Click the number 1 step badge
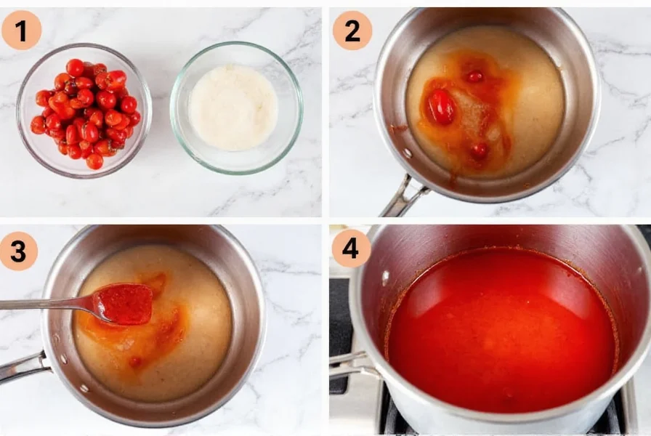point(21,30)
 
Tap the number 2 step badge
point(352,30)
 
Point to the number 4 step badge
point(351,248)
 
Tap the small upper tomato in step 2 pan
point(474,76)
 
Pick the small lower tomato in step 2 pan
point(479,150)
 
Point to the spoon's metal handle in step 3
point(44,303)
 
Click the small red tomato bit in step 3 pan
point(134,361)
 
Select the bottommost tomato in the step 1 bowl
point(94,161)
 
